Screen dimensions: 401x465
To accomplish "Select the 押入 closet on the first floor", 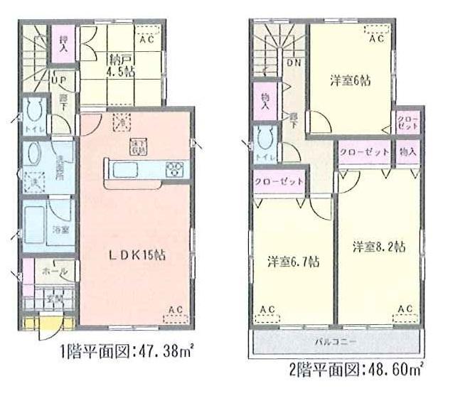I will point(63,44).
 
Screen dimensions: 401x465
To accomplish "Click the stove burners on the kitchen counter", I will point(174,170).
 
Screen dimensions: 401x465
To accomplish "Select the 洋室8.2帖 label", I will point(379,247).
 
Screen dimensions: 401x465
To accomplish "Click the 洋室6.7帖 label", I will point(293,261).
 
